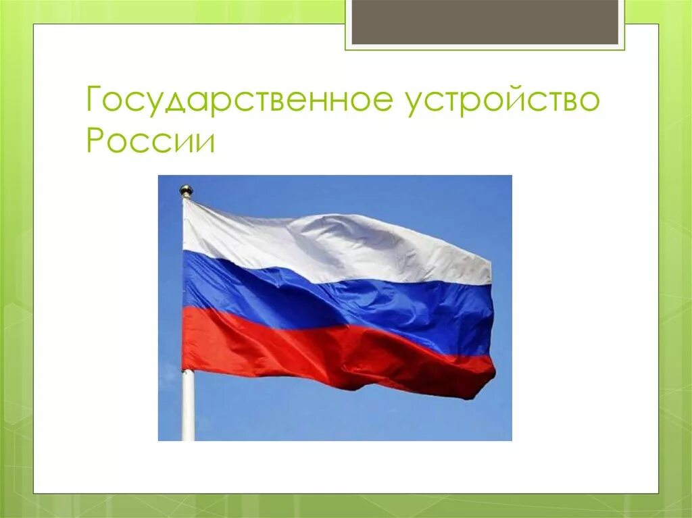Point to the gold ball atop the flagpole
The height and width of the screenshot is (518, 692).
click(x=186, y=191)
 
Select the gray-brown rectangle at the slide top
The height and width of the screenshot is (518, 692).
click(x=485, y=22)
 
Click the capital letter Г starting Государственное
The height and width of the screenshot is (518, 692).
click(x=95, y=101)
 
